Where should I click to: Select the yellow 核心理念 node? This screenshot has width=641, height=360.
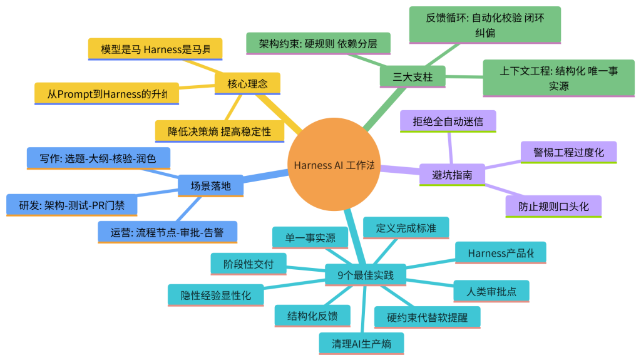tap(247, 83)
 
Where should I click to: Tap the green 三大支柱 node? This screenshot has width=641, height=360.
tap(413, 78)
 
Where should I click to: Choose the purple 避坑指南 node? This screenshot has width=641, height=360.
tap(451, 173)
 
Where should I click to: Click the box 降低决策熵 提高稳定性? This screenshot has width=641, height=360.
tap(219, 131)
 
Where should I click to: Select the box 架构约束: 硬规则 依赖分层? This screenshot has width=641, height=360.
tap(318, 44)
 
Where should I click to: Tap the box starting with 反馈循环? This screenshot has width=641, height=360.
tap(485, 25)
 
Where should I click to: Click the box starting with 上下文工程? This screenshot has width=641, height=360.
tap(558, 78)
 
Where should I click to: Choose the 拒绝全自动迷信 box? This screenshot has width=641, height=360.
tap(448, 121)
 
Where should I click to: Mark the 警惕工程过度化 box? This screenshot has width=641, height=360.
tap(568, 152)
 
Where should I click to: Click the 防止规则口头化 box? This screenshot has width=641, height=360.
tap(553, 206)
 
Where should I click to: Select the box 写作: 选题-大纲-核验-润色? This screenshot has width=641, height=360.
tap(98, 158)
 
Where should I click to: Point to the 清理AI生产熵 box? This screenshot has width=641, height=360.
tap(361, 343)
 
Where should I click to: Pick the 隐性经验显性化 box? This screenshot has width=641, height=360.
tap(215, 295)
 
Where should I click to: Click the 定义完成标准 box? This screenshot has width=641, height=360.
tap(406, 228)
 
